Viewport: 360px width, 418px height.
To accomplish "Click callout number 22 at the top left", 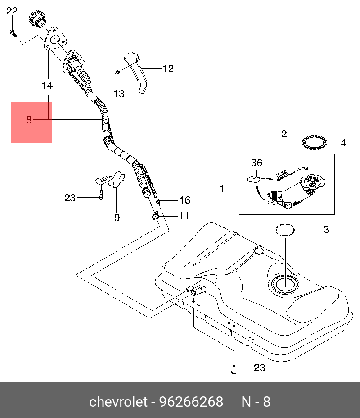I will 12,11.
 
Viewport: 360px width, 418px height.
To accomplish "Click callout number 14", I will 47,85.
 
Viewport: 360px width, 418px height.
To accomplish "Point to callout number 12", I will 168,69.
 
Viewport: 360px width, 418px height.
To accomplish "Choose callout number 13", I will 118,94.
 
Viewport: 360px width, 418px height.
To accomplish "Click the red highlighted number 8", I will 29,120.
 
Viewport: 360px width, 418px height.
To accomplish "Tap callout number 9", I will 117,218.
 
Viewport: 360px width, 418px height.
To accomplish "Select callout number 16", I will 185,200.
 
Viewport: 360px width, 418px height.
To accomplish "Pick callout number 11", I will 184,216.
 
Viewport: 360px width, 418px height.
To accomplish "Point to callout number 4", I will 343,143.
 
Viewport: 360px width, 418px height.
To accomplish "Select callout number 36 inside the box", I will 256,163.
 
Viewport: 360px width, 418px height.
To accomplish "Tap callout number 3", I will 326,230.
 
